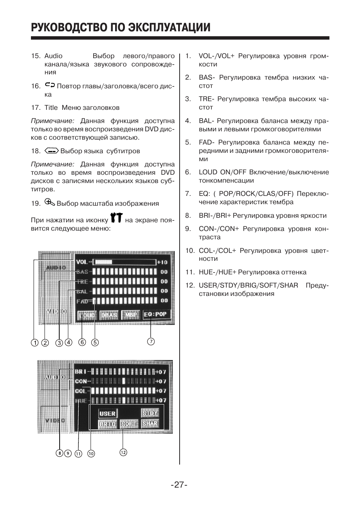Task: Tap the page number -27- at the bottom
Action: [x=179, y=485]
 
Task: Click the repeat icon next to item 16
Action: [x=50, y=85]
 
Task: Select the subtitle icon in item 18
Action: [x=51, y=151]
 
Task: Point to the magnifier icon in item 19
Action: [x=49, y=202]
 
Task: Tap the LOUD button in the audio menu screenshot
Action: [x=86, y=315]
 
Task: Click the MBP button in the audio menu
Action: [x=131, y=315]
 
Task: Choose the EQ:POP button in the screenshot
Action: [x=155, y=314]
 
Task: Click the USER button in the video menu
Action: [x=108, y=414]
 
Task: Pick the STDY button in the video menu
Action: [x=150, y=413]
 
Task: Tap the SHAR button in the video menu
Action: [x=150, y=423]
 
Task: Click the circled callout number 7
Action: [x=151, y=342]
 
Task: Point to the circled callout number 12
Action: [x=123, y=452]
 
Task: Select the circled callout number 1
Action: [x=35, y=343]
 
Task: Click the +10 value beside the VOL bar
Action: [x=162, y=262]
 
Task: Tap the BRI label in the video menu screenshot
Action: [x=80, y=372]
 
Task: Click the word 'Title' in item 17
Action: [x=51, y=108]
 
